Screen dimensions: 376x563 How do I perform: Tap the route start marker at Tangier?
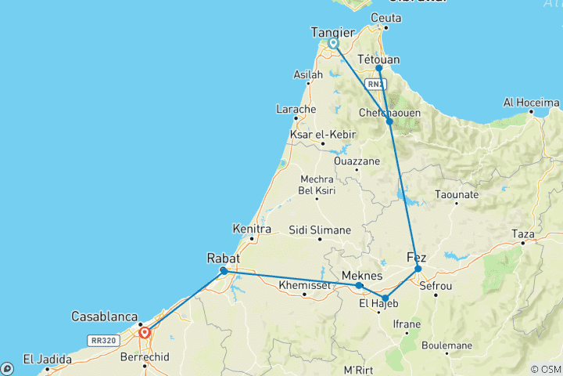334,45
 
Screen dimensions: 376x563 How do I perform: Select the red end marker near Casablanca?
145,332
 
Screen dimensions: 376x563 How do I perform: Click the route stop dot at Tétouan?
379,68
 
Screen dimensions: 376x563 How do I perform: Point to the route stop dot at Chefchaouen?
389,121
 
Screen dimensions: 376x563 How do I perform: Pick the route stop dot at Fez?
418,269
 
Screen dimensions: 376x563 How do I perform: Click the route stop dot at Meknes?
359,286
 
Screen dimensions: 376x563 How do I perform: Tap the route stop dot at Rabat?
224,271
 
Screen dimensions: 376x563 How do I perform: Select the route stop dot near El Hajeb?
385,298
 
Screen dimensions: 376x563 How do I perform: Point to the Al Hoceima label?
532,103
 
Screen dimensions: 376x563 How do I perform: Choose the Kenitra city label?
252,230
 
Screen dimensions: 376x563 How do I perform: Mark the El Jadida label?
40,360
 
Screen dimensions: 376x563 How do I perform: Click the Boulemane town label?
447,345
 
